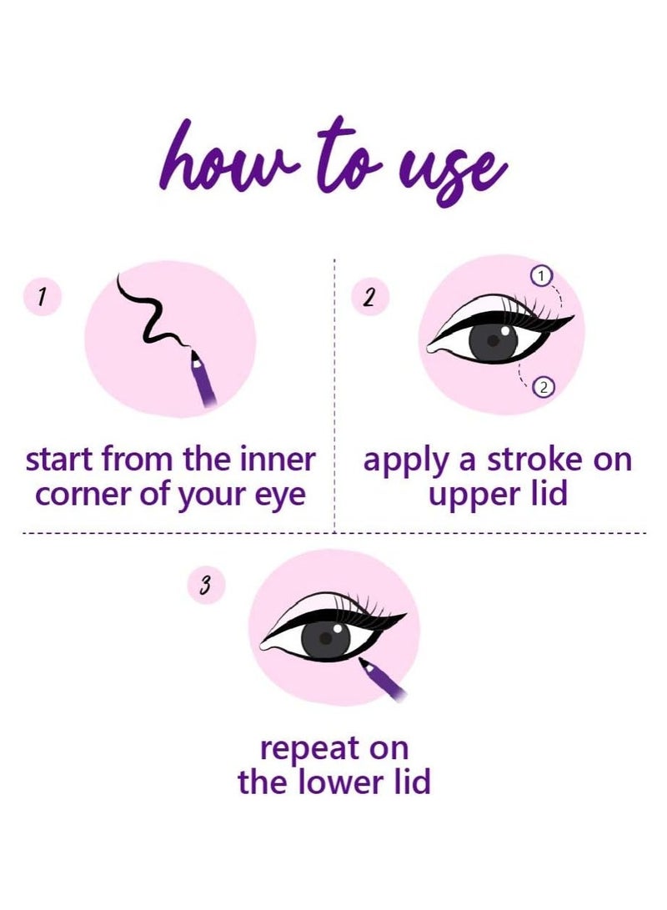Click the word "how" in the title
[217, 158]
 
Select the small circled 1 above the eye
[543, 274]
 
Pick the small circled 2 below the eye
[543, 385]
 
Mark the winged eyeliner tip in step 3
[404, 616]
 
